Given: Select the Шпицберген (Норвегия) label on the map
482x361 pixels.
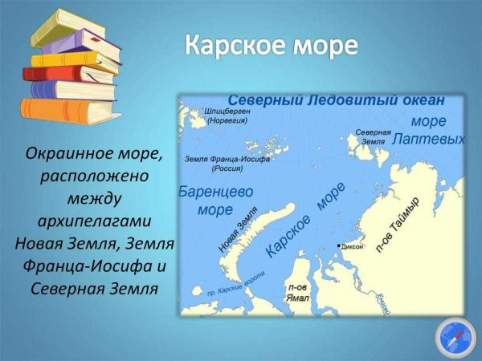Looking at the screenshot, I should click(x=227, y=116).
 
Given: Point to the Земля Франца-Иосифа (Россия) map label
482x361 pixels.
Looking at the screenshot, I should click(x=227, y=164).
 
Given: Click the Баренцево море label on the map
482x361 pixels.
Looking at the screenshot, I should click(x=215, y=201).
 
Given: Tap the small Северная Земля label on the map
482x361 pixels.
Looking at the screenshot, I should click(x=373, y=136).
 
